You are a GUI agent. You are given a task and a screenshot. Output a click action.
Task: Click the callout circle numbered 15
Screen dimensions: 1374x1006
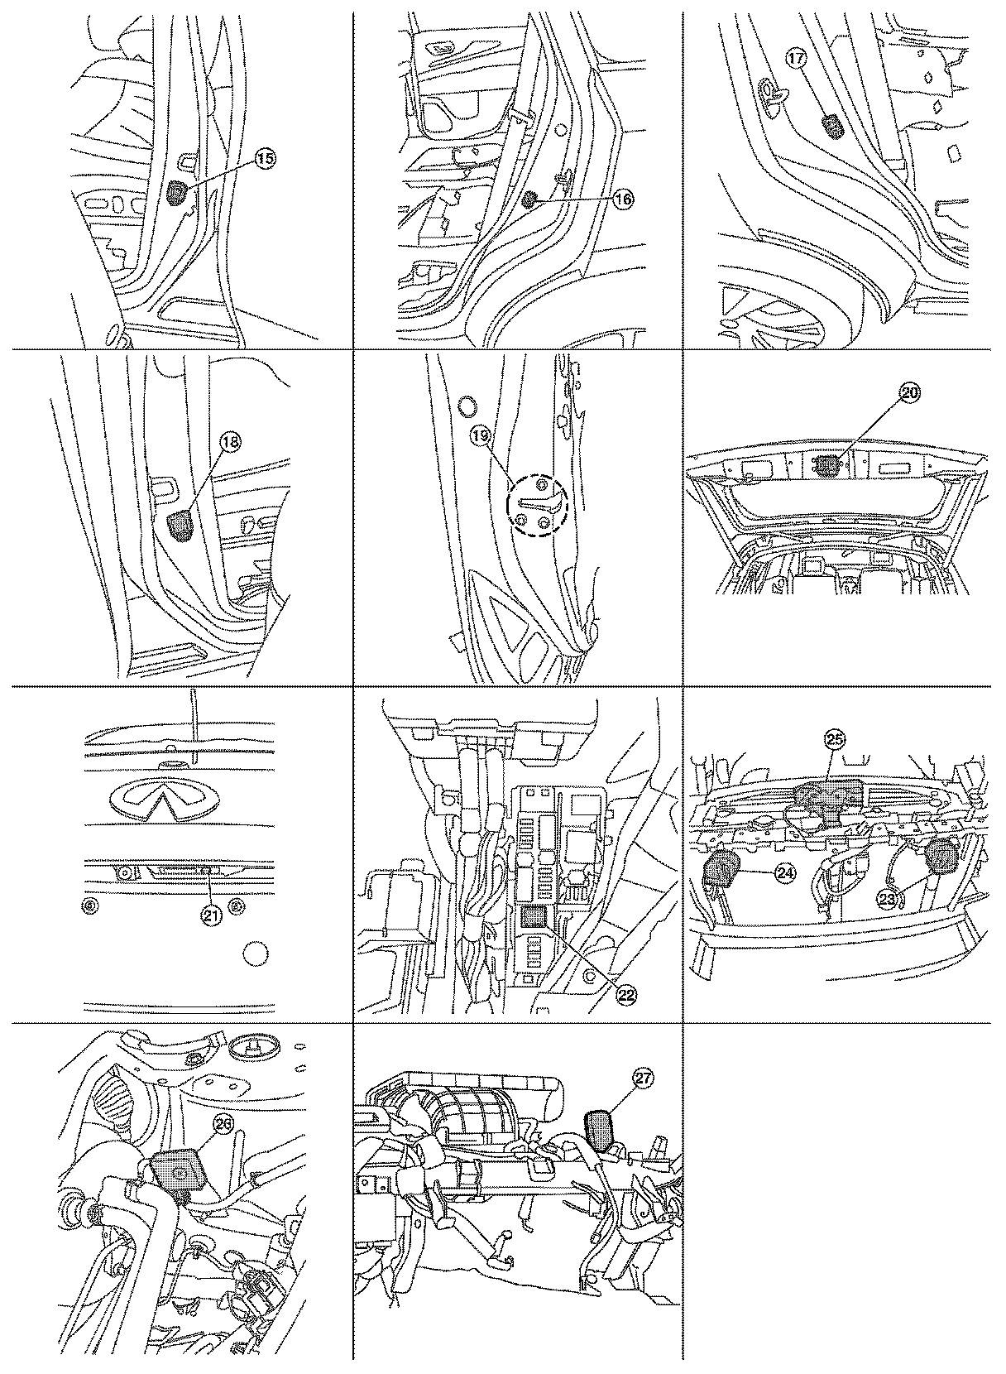[x=264, y=161]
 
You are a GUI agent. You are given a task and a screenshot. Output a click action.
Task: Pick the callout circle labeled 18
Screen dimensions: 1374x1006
[x=229, y=443]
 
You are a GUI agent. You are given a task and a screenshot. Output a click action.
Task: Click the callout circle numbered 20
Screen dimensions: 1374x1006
[x=908, y=395]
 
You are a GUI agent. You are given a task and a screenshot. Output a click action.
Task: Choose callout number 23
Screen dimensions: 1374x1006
[x=888, y=901]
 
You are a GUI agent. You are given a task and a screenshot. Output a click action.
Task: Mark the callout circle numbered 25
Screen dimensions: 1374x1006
[x=835, y=741]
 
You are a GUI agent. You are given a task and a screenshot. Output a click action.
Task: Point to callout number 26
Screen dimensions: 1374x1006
[x=222, y=1123]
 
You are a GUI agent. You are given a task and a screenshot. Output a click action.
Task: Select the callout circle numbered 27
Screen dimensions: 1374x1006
[x=643, y=1079]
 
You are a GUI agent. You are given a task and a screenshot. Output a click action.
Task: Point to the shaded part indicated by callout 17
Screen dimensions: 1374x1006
[x=831, y=127]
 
